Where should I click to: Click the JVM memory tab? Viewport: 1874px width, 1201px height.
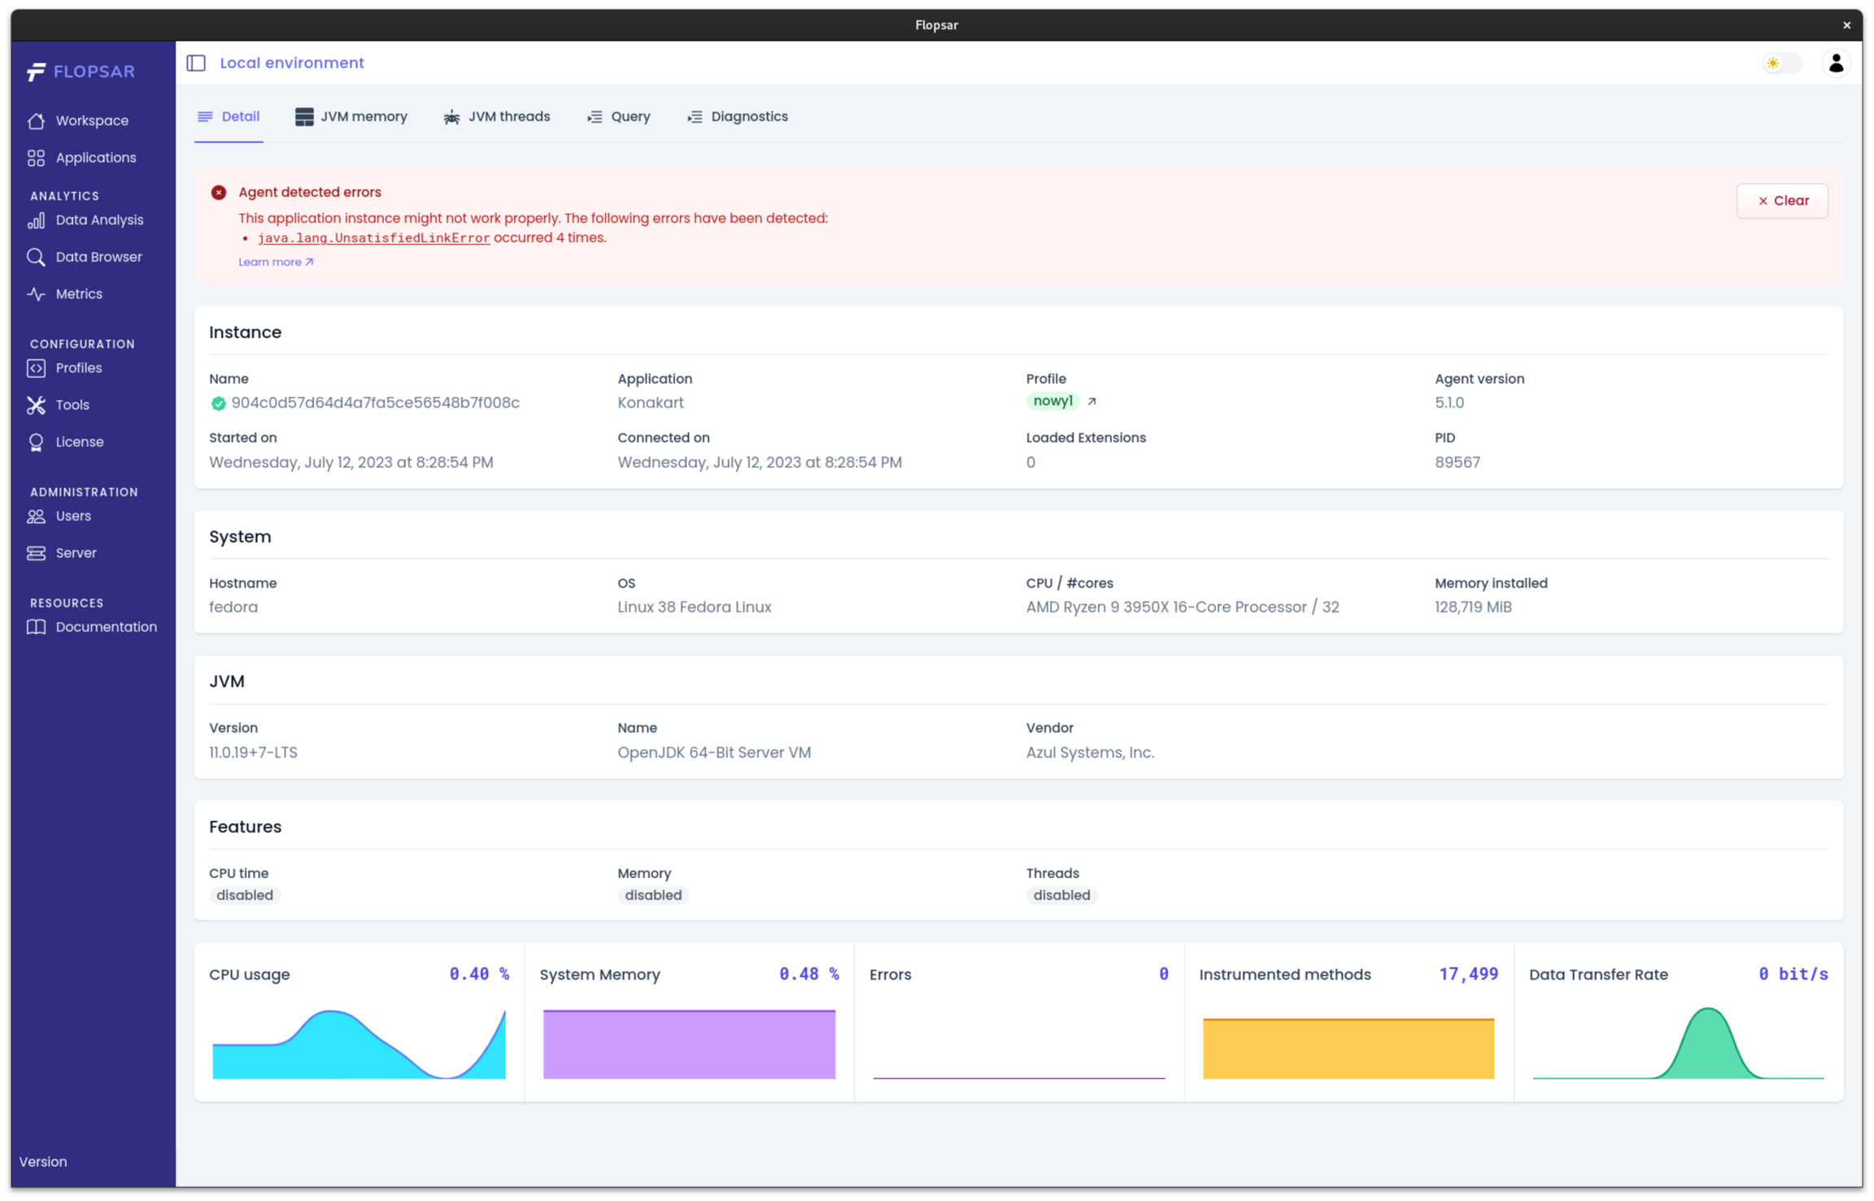(351, 117)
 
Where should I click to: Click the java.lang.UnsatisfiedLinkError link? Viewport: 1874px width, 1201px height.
(373, 238)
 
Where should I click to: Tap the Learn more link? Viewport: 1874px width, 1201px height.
(275, 262)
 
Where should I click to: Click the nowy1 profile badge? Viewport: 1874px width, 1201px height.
(1052, 401)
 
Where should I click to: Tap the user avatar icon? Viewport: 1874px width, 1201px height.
(1835, 63)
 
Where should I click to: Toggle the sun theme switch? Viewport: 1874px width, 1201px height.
(1780, 63)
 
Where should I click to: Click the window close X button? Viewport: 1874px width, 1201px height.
(1846, 25)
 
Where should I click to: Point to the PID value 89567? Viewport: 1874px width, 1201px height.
(1457, 463)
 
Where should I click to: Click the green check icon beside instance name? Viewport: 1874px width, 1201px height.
(218, 403)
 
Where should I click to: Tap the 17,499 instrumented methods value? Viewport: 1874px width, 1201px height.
(1467, 974)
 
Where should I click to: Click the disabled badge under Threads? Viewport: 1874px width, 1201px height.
(1061, 895)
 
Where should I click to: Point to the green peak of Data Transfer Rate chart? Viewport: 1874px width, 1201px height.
(1708, 1016)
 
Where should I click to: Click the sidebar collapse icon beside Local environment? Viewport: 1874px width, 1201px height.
(196, 63)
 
